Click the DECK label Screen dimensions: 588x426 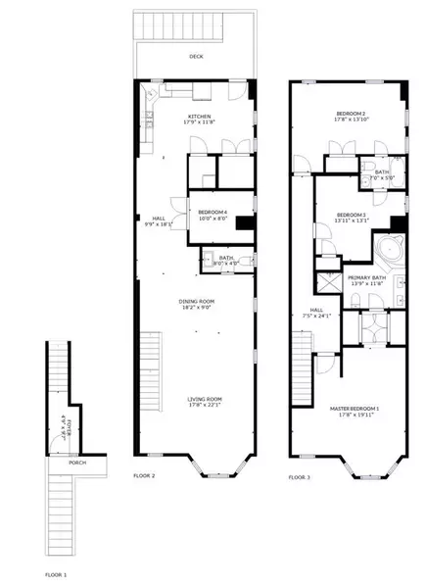(196, 57)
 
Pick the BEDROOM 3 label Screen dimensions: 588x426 (351, 214)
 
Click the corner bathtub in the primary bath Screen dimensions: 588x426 (389, 250)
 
